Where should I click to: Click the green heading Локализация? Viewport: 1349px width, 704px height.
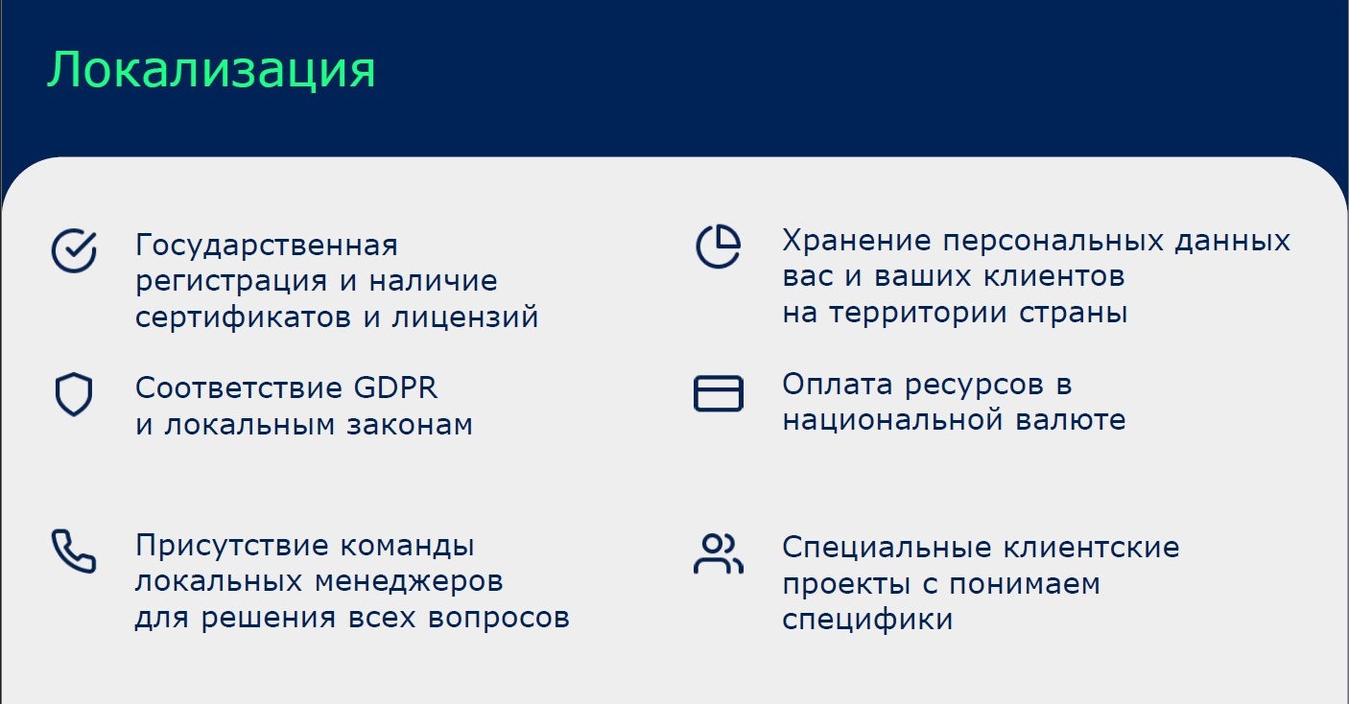211,71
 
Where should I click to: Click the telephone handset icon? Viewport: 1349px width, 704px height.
74,551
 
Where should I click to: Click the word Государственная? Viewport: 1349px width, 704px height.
266,246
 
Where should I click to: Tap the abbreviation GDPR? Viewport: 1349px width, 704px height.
395,387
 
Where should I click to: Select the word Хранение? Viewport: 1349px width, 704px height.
857,241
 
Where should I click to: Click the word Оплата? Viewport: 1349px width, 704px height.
837,385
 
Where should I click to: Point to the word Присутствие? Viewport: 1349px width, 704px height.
232,546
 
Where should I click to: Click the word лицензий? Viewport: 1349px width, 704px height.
465,317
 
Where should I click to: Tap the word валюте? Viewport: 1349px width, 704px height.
1070,420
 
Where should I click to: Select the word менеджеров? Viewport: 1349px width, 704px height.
409,582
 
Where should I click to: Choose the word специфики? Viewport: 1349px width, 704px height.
867,619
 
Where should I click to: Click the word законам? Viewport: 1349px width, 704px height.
410,425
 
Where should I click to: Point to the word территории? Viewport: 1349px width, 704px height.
917,314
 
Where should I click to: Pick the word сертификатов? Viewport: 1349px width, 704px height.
243,317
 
